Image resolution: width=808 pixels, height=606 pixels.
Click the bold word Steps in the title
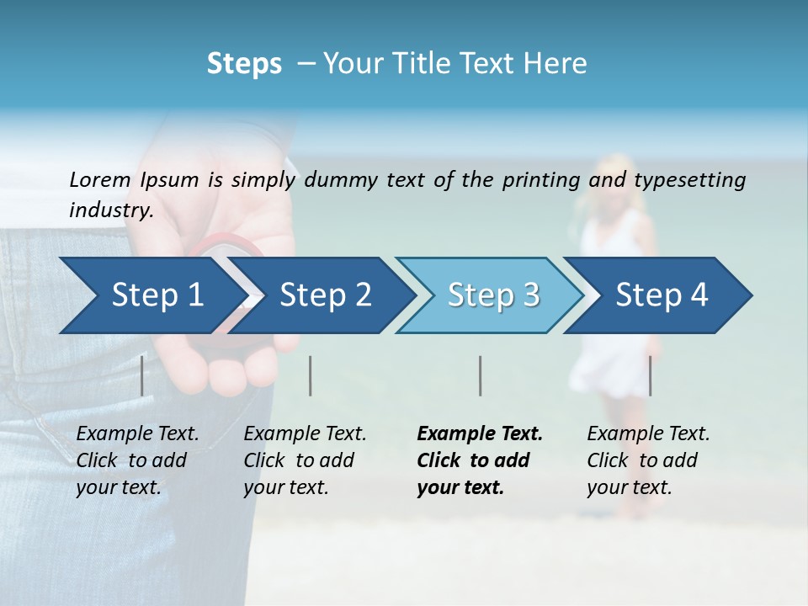point(244,63)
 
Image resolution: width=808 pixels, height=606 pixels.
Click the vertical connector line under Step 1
point(142,375)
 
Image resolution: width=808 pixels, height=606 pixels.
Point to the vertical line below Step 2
point(311,375)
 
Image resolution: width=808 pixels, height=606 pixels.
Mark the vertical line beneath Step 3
point(480,375)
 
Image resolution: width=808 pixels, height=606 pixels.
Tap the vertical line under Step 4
point(650,375)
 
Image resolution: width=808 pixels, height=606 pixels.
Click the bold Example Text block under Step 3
point(479,460)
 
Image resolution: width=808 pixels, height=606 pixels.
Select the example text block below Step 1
point(137,460)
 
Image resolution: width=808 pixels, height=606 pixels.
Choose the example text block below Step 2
point(305,460)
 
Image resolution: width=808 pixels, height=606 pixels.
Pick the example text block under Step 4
point(648,460)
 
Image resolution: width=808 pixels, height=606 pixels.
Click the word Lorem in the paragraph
point(99,179)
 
